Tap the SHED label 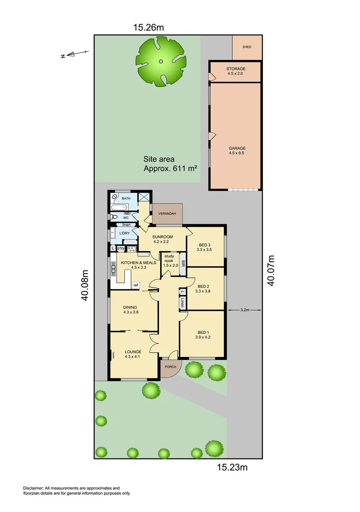(247, 47)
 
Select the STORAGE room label (236, 69)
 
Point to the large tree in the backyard (161, 61)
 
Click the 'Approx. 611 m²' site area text (171, 168)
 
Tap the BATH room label (126, 198)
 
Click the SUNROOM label (162, 237)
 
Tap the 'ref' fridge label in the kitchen (135, 285)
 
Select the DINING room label (130, 307)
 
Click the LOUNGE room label (133, 352)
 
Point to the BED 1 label (203, 332)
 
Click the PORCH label (170, 367)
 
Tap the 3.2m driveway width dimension (245, 310)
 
